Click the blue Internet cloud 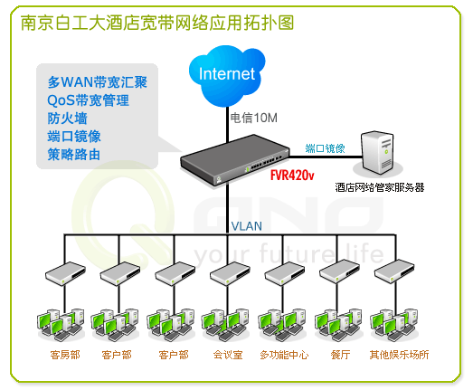(x=227, y=75)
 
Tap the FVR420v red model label (x=292, y=175)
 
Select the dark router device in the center (x=234, y=159)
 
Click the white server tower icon (x=378, y=152)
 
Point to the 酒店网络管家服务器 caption (x=380, y=187)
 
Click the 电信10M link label (x=254, y=118)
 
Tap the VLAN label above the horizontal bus (x=247, y=226)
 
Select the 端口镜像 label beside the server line (x=325, y=148)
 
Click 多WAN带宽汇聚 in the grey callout (x=98, y=82)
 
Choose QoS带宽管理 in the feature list (x=88, y=100)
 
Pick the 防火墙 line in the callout (x=67, y=119)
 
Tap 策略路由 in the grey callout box (x=73, y=155)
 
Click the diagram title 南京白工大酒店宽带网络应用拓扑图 (x=157, y=23)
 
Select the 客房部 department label (x=65, y=355)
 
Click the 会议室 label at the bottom (x=228, y=355)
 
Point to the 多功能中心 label (x=284, y=355)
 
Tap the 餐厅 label (x=340, y=355)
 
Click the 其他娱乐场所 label (x=399, y=355)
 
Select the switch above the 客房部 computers (x=65, y=273)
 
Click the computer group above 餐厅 (x=338, y=325)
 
